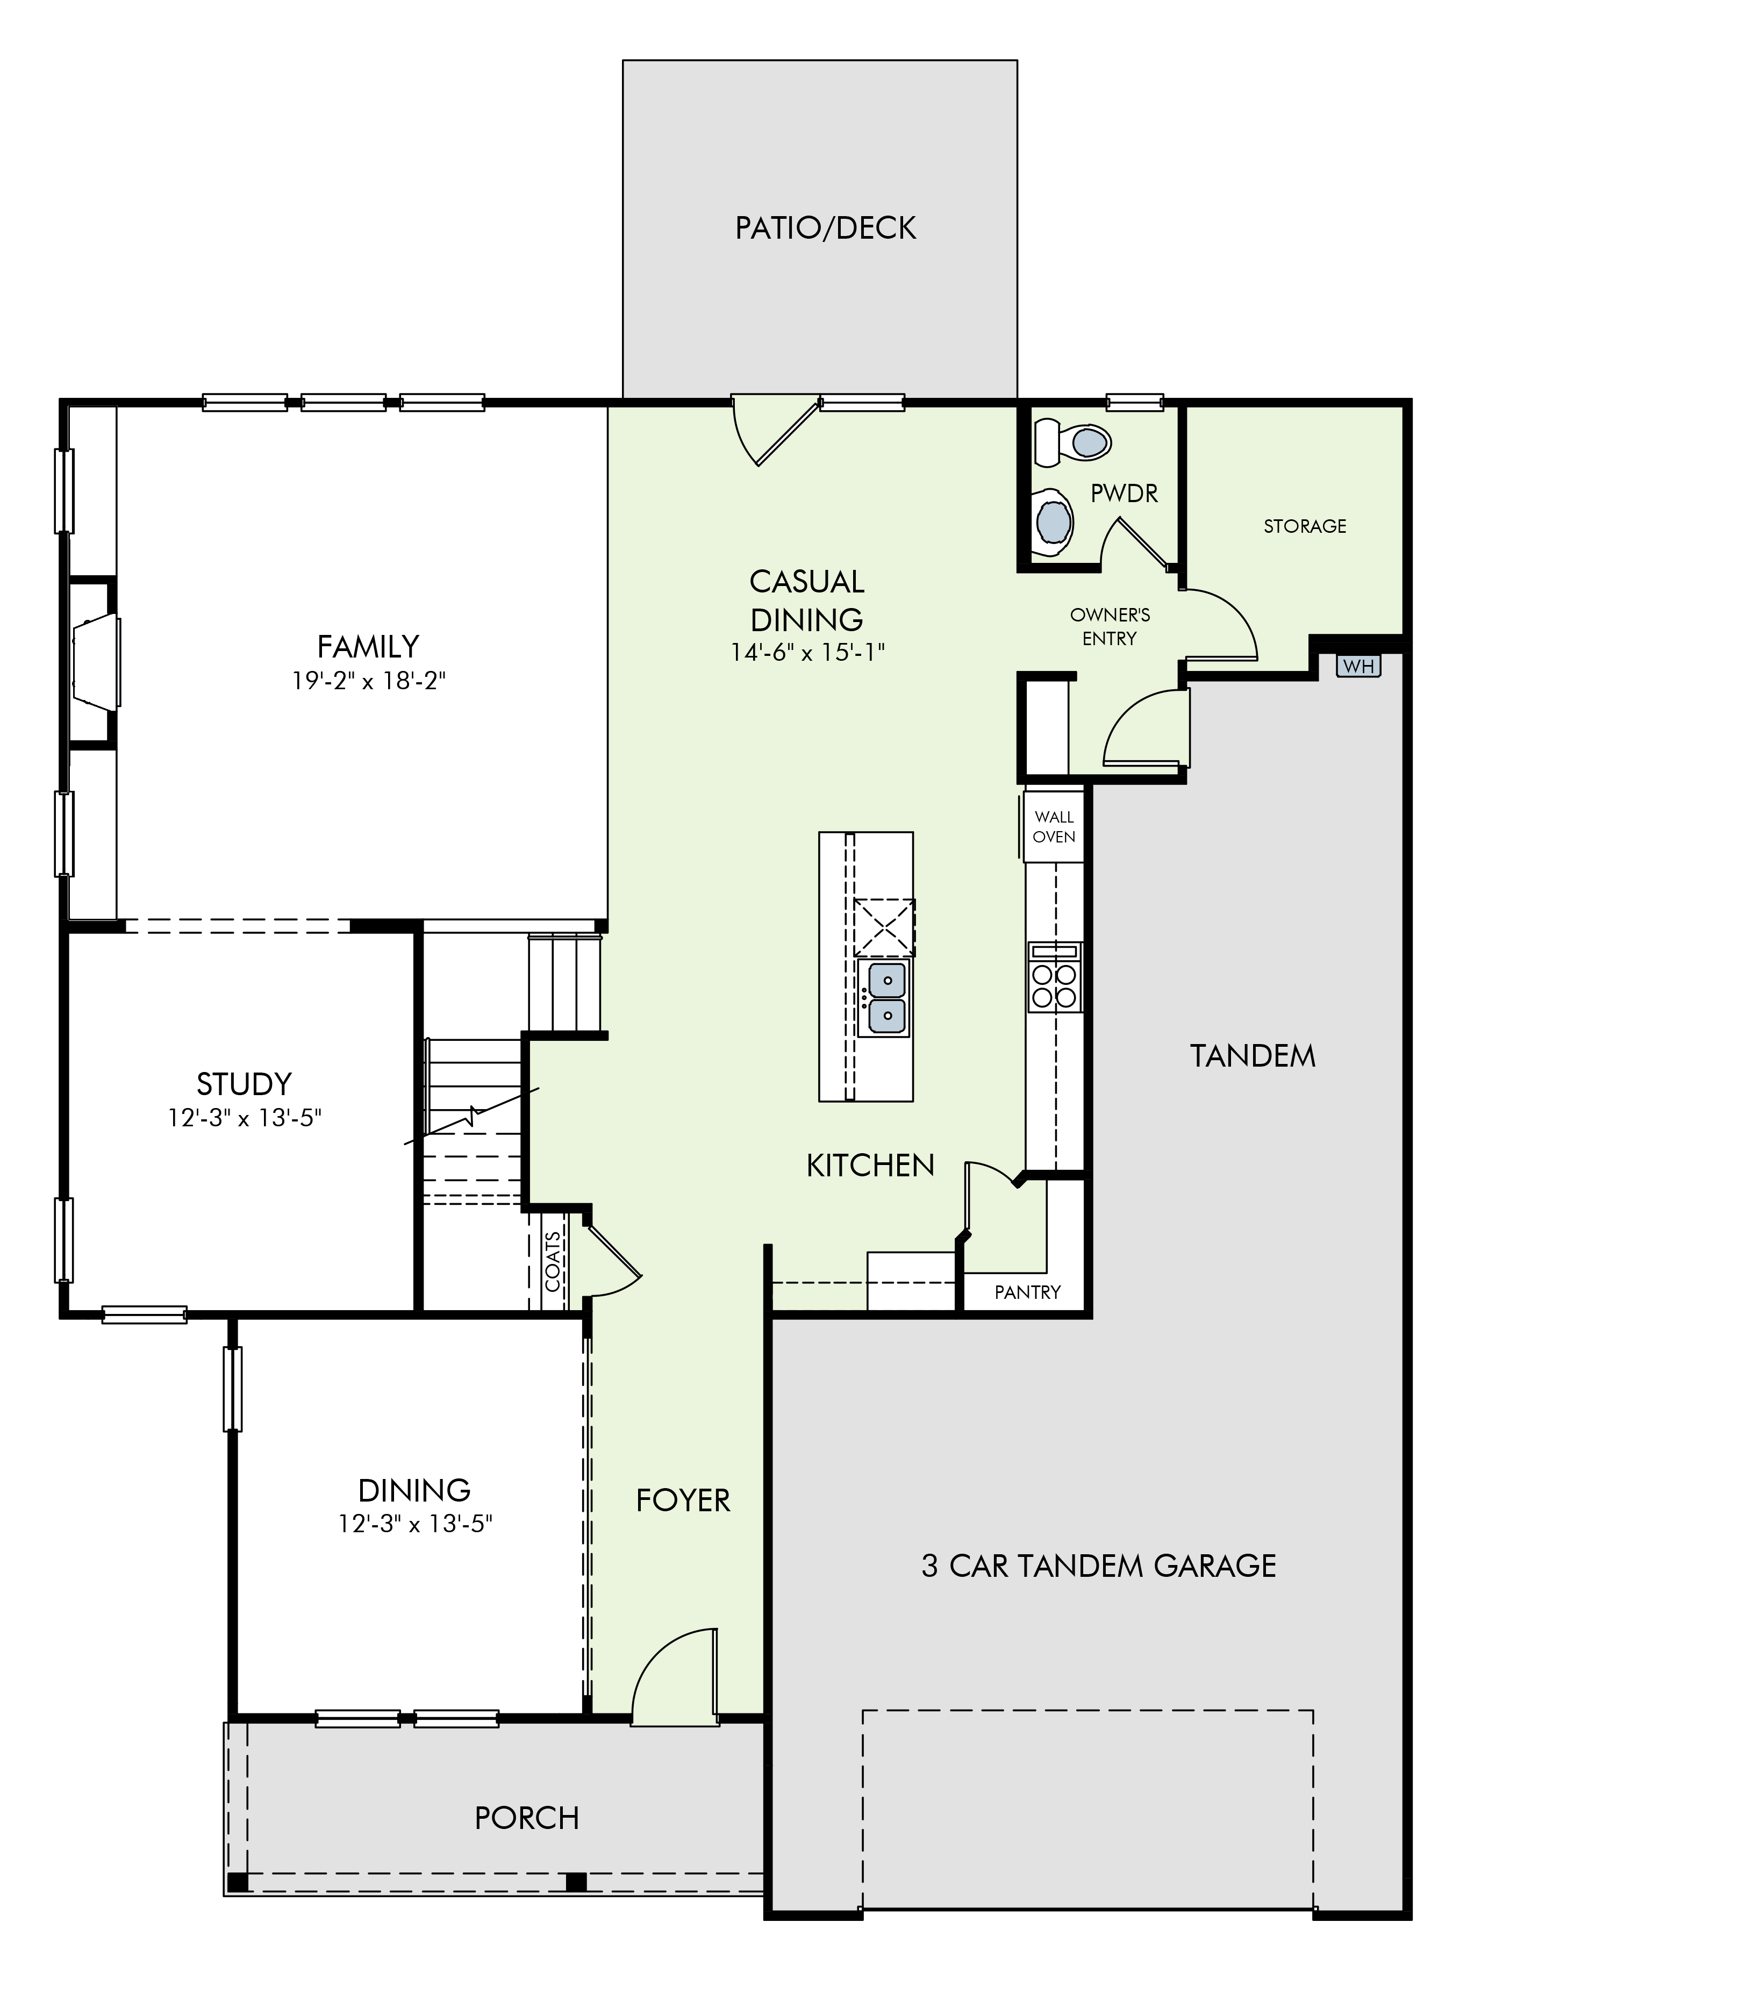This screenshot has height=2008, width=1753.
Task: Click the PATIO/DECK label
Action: pyautogui.click(x=826, y=228)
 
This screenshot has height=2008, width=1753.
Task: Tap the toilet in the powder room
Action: pyautogui.click(x=1073, y=442)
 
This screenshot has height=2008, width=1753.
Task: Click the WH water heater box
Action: pyautogui.click(x=1358, y=666)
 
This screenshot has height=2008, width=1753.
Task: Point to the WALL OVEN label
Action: pyautogui.click(x=1054, y=826)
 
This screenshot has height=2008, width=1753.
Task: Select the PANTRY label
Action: pyautogui.click(x=1027, y=1292)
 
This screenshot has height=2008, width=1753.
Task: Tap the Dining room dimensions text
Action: pyautogui.click(x=415, y=1524)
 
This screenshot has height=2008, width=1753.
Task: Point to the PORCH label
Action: pyautogui.click(x=527, y=1818)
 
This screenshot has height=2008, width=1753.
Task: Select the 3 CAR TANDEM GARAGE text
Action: pyautogui.click(x=1099, y=1566)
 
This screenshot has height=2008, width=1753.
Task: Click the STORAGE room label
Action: pyautogui.click(x=1305, y=526)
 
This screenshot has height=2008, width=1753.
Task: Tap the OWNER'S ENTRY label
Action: pyautogui.click(x=1110, y=627)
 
